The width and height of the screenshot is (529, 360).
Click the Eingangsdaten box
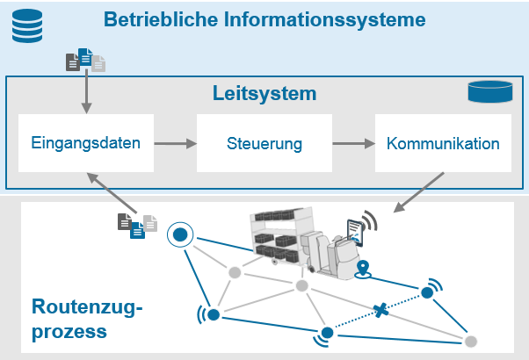[85, 142]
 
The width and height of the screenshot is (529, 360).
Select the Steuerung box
[264, 142]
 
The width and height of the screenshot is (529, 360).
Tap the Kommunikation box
[443, 142]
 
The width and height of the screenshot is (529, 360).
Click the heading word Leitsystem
[264, 94]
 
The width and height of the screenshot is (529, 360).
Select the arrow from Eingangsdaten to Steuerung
[174, 142]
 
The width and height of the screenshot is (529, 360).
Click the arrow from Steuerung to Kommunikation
[353, 142]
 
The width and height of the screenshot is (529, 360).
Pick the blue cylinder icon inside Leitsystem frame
[489, 91]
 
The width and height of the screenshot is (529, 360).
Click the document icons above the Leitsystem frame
[86, 60]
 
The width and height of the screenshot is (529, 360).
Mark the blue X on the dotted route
[380, 310]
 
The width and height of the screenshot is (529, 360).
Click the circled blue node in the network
[180, 234]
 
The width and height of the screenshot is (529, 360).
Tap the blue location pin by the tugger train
[363, 269]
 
